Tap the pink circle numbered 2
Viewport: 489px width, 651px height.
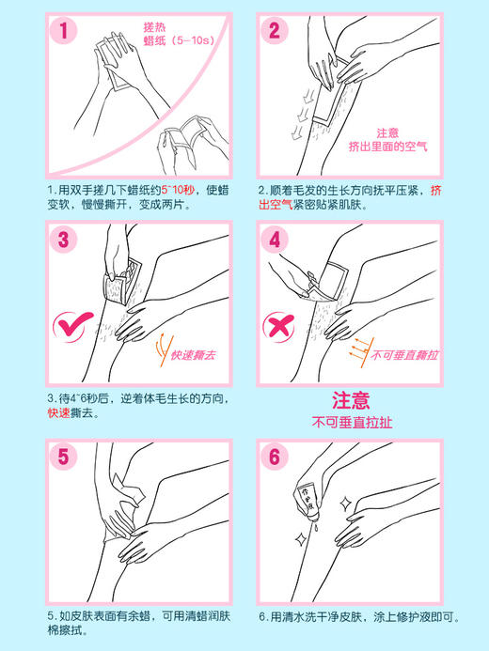click(x=275, y=31)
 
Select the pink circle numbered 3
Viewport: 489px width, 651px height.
click(x=63, y=239)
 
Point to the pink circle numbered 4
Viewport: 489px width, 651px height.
click(x=275, y=239)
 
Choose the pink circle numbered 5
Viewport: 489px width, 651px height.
click(x=63, y=457)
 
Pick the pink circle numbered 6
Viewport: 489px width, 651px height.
click(x=275, y=457)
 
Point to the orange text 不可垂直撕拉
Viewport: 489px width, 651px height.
click(x=405, y=356)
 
